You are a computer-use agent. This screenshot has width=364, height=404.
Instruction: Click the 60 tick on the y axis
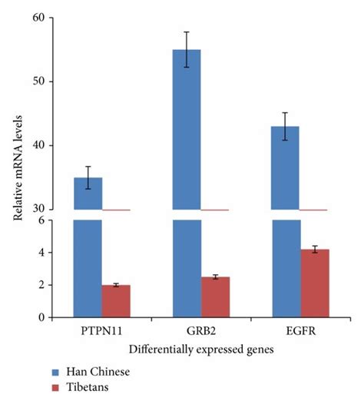38,18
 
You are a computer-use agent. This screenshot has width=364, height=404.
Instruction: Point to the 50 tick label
38,81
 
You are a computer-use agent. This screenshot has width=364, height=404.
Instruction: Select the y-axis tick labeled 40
38,145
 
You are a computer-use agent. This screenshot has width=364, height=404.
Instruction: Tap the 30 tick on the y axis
38,209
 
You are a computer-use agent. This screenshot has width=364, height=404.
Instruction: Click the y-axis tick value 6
41,220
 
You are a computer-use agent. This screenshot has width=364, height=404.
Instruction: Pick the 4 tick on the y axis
41,253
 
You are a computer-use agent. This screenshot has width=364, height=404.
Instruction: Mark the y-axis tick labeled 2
41,285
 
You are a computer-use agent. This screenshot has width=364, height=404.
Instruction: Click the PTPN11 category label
101,333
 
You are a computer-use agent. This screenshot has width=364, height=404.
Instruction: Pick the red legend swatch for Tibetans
57,387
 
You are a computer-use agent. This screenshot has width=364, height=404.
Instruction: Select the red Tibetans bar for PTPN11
116,301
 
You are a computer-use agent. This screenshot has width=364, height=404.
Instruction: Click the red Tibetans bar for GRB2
214,297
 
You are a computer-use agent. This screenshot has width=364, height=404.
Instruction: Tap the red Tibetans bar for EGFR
313,283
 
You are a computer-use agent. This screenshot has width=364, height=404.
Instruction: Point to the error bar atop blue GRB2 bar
186,49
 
